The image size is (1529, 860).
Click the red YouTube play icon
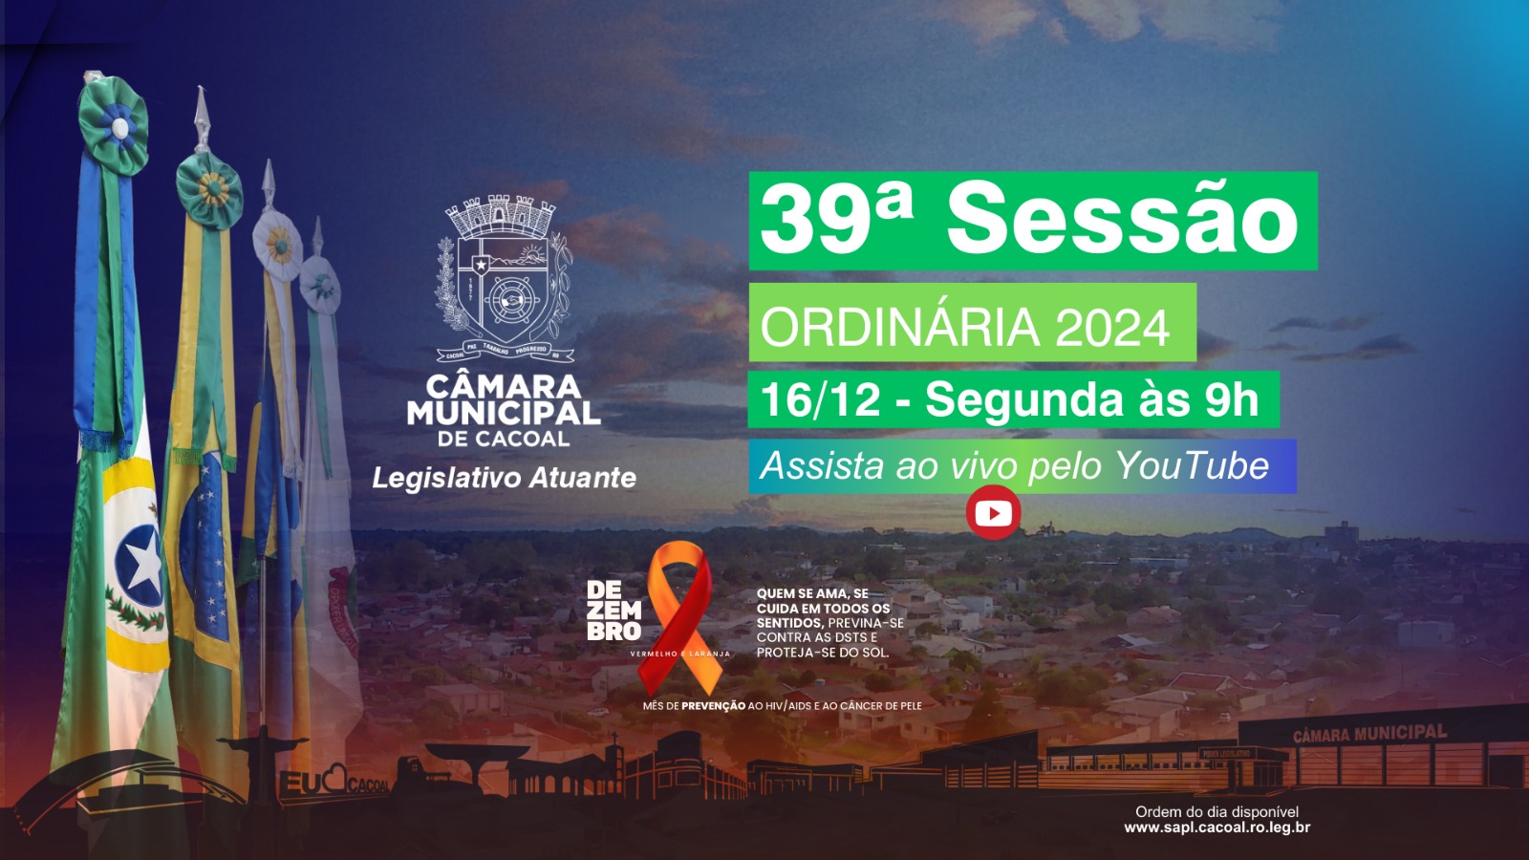994,513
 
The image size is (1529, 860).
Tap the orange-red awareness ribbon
680,612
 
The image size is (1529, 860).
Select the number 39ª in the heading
836,219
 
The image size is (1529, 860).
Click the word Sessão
1122,219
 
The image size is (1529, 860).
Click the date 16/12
820,399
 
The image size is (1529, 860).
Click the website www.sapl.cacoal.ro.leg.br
1217,828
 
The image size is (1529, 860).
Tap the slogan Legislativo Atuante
504,478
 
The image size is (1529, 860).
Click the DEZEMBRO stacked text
614,611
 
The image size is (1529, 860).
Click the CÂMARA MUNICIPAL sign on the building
1368,734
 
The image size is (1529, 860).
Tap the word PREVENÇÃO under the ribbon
713,706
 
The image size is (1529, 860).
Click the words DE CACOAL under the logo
504,440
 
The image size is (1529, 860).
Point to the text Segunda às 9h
1091,399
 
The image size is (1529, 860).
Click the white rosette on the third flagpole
278,244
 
